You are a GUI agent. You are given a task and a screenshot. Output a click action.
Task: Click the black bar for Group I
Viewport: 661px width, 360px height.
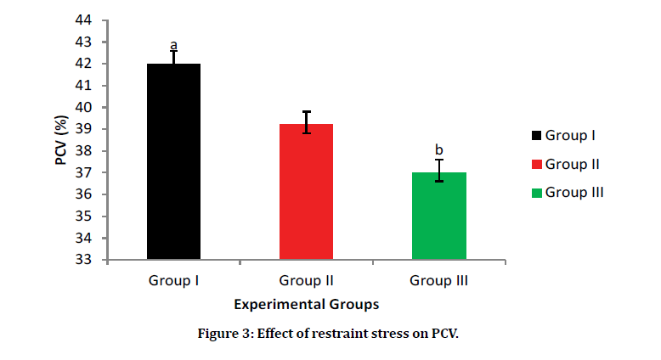(173, 161)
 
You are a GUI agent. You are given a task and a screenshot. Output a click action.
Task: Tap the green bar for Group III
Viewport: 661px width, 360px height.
(438, 216)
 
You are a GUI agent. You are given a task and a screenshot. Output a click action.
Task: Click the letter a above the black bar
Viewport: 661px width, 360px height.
(173, 45)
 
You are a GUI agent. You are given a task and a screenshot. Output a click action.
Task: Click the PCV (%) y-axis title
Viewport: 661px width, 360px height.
(62, 139)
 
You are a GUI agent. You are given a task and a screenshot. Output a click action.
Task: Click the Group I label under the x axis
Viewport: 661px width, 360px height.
(173, 279)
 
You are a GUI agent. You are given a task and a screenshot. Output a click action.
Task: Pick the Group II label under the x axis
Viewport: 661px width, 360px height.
(306, 279)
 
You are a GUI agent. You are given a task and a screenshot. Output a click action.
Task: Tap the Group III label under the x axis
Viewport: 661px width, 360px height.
(438, 279)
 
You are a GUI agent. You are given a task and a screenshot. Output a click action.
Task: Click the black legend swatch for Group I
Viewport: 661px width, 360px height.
(535, 135)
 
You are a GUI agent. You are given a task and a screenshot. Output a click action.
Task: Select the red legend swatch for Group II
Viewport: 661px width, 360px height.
(535, 164)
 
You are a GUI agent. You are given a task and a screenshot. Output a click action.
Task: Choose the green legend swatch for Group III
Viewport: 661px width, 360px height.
(535, 193)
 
